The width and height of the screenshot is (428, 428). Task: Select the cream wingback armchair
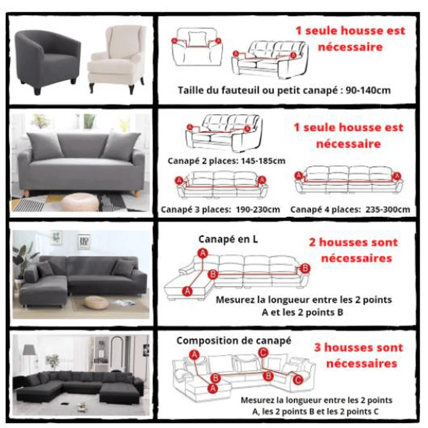coord(117,59)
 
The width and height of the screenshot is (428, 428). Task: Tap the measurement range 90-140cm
coord(368,90)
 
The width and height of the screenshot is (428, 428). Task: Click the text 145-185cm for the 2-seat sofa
coord(263,161)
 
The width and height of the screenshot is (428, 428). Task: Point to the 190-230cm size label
coord(258,210)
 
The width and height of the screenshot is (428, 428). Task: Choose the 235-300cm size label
coord(387,210)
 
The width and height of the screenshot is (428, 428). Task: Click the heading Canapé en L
coord(228,239)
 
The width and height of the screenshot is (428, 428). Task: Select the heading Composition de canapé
coord(234,341)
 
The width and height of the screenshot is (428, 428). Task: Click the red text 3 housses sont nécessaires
coord(359,355)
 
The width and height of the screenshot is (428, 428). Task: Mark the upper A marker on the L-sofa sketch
coord(203,253)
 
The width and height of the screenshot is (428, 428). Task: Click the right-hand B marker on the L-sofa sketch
coord(304,268)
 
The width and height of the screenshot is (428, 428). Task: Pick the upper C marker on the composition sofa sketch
coord(263,353)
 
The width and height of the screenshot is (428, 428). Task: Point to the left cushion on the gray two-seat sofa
coord(44,146)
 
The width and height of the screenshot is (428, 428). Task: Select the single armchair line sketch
coord(197,47)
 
